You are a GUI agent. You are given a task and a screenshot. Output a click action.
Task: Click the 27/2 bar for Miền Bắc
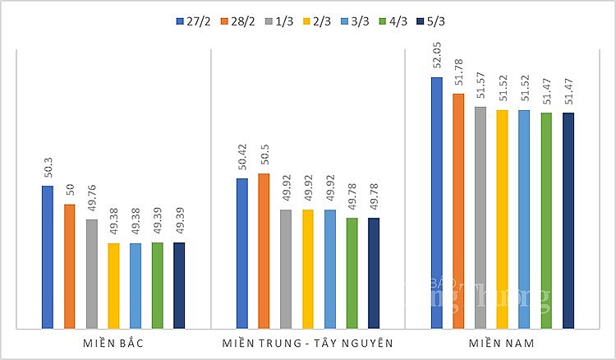coord(48,257)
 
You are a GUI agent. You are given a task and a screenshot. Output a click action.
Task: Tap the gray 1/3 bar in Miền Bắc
coord(91,274)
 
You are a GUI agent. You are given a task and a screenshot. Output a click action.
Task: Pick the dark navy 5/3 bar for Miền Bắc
coord(179,285)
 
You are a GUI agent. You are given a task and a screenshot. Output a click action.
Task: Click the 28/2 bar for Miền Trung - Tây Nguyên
coord(264,251)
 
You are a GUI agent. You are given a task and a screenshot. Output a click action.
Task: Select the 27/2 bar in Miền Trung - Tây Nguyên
coord(242,253)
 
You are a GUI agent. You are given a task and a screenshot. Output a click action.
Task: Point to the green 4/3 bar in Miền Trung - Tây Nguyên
coord(352,273)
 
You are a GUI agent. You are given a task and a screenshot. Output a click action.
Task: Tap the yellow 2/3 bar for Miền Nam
coord(502,219)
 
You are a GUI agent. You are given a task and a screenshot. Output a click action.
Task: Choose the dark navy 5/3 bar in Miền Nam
coord(568,220)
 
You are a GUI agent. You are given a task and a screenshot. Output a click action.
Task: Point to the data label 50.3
coord(48,170)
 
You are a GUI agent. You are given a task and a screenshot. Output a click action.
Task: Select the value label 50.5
coord(264,158)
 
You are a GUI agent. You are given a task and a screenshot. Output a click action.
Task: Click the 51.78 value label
coord(458,72)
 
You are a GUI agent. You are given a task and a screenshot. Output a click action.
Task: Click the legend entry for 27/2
coord(193,20)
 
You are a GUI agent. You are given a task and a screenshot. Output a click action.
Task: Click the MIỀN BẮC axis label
coord(113,341)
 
